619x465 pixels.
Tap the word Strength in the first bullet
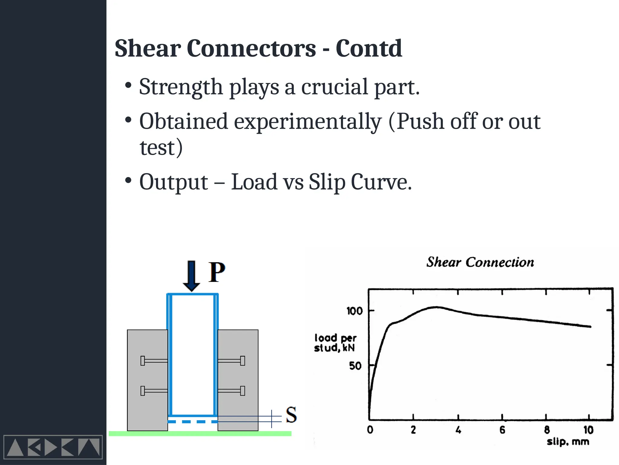click(x=181, y=87)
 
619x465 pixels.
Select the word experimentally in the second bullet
click(x=308, y=122)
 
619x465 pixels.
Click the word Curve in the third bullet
click(x=381, y=182)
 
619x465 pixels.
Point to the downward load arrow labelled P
click(x=191, y=275)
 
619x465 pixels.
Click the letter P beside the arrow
click(x=217, y=272)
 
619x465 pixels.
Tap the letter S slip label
click(x=291, y=415)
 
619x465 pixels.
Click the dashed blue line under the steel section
click(x=193, y=422)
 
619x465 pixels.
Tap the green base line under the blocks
click(x=200, y=434)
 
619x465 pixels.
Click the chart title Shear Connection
click(x=480, y=262)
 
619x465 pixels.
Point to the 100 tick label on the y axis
click(x=354, y=311)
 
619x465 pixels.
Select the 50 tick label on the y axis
click(x=355, y=366)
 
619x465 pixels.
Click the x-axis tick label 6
click(x=502, y=430)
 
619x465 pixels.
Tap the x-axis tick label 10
click(x=588, y=430)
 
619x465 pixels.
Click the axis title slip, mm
click(x=568, y=442)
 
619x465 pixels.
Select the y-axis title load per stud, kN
click(x=335, y=343)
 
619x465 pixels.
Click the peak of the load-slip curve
click(x=436, y=307)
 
